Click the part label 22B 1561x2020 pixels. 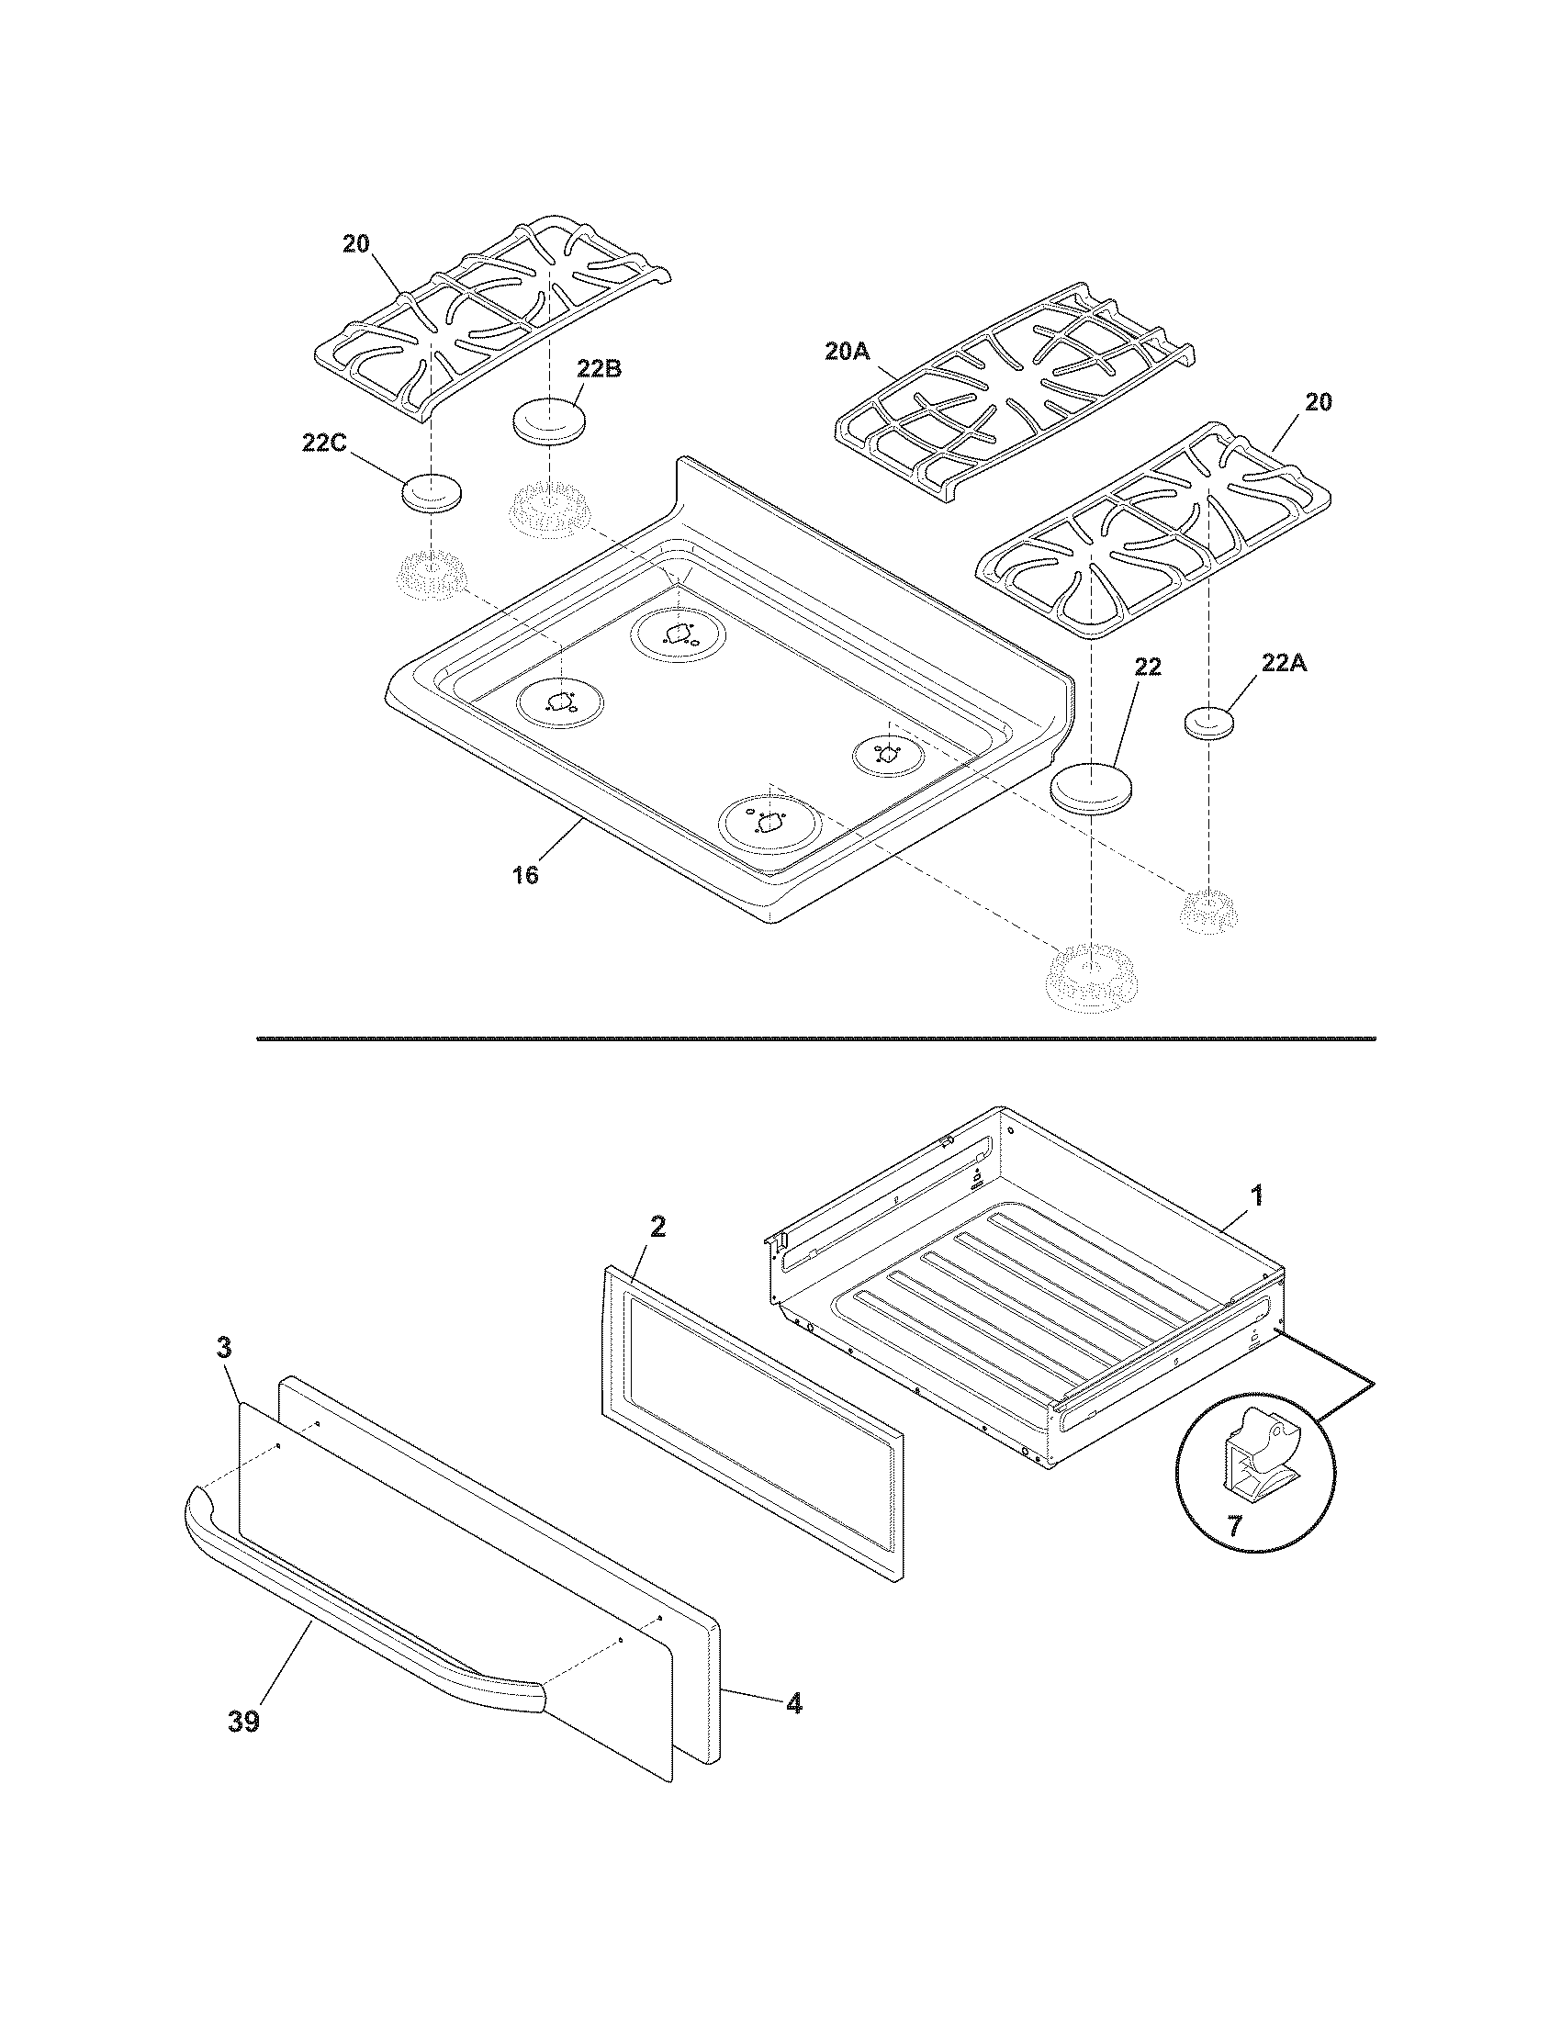tap(599, 368)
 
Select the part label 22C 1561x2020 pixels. tap(323, 443)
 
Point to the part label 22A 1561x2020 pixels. tap(1285, 663)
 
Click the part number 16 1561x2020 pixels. tap(525, 874)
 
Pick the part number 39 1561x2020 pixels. tap(244, 1722)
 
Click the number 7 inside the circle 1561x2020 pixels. tap(1234, 1525)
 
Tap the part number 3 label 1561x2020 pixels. tap(224, 1348)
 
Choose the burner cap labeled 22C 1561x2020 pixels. tap(431, 493)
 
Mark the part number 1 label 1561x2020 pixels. tap(1256, 1195)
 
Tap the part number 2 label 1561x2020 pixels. tap(657, 1227)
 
